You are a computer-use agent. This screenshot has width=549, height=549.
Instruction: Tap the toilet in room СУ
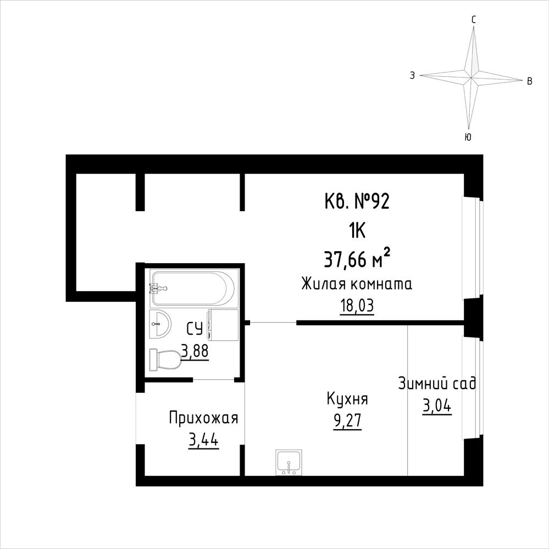165,359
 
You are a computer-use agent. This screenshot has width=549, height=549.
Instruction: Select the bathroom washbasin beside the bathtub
160,324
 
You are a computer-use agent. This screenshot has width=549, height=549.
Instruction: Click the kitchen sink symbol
289,463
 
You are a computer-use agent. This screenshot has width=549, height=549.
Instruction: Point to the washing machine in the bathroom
223,325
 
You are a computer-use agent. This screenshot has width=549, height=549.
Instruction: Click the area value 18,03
357,306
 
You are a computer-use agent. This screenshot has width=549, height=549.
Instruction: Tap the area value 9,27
347,421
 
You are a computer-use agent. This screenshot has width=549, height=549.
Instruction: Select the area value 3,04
437,407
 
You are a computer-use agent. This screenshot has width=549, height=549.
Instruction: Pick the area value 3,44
203,440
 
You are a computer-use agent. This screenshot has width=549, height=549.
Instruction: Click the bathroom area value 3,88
195,351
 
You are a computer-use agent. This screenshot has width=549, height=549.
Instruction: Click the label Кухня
347,399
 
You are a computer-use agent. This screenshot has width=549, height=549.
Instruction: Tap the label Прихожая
203,418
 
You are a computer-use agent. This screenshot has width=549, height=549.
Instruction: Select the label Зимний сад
437,384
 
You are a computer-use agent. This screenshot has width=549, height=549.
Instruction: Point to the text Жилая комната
357,284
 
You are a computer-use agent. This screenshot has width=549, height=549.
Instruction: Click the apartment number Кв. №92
357,202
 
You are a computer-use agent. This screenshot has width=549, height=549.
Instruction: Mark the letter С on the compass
474,20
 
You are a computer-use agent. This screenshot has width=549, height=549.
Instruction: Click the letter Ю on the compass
468,137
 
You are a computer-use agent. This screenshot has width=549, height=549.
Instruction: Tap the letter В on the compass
530,81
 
